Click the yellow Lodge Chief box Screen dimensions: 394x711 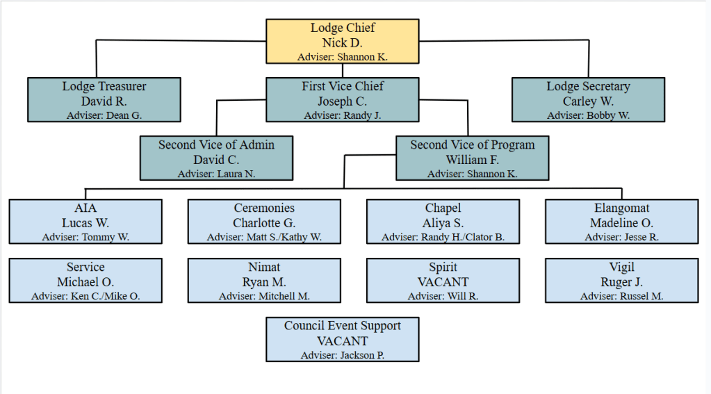pos(343,42)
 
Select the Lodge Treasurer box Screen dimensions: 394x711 pos(104,101)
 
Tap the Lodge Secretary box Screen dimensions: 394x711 pos(588,101)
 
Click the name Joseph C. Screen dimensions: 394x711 pos(343,101)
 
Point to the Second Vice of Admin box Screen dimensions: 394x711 pos(216,159)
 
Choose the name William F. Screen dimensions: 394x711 pos(473,160)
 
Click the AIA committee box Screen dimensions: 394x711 pos(85,222)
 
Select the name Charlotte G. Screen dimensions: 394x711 pos(264,223)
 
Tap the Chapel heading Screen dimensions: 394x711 pos(443,208)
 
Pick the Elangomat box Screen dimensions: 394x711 pos(621,222)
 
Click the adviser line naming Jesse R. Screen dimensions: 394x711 pos(621,238)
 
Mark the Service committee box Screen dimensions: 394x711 pos(85,281)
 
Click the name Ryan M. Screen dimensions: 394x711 pos(264,282)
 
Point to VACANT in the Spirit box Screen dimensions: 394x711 pos(443,282)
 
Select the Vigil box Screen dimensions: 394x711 pos(621,281)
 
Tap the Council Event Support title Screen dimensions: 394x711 pos(343,326)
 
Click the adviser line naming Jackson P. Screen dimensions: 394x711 pos(343,355)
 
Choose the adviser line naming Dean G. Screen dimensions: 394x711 pos(104,115)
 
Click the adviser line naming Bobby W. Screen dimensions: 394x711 pos(588,115)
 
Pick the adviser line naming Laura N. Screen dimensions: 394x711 pos(216,174)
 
